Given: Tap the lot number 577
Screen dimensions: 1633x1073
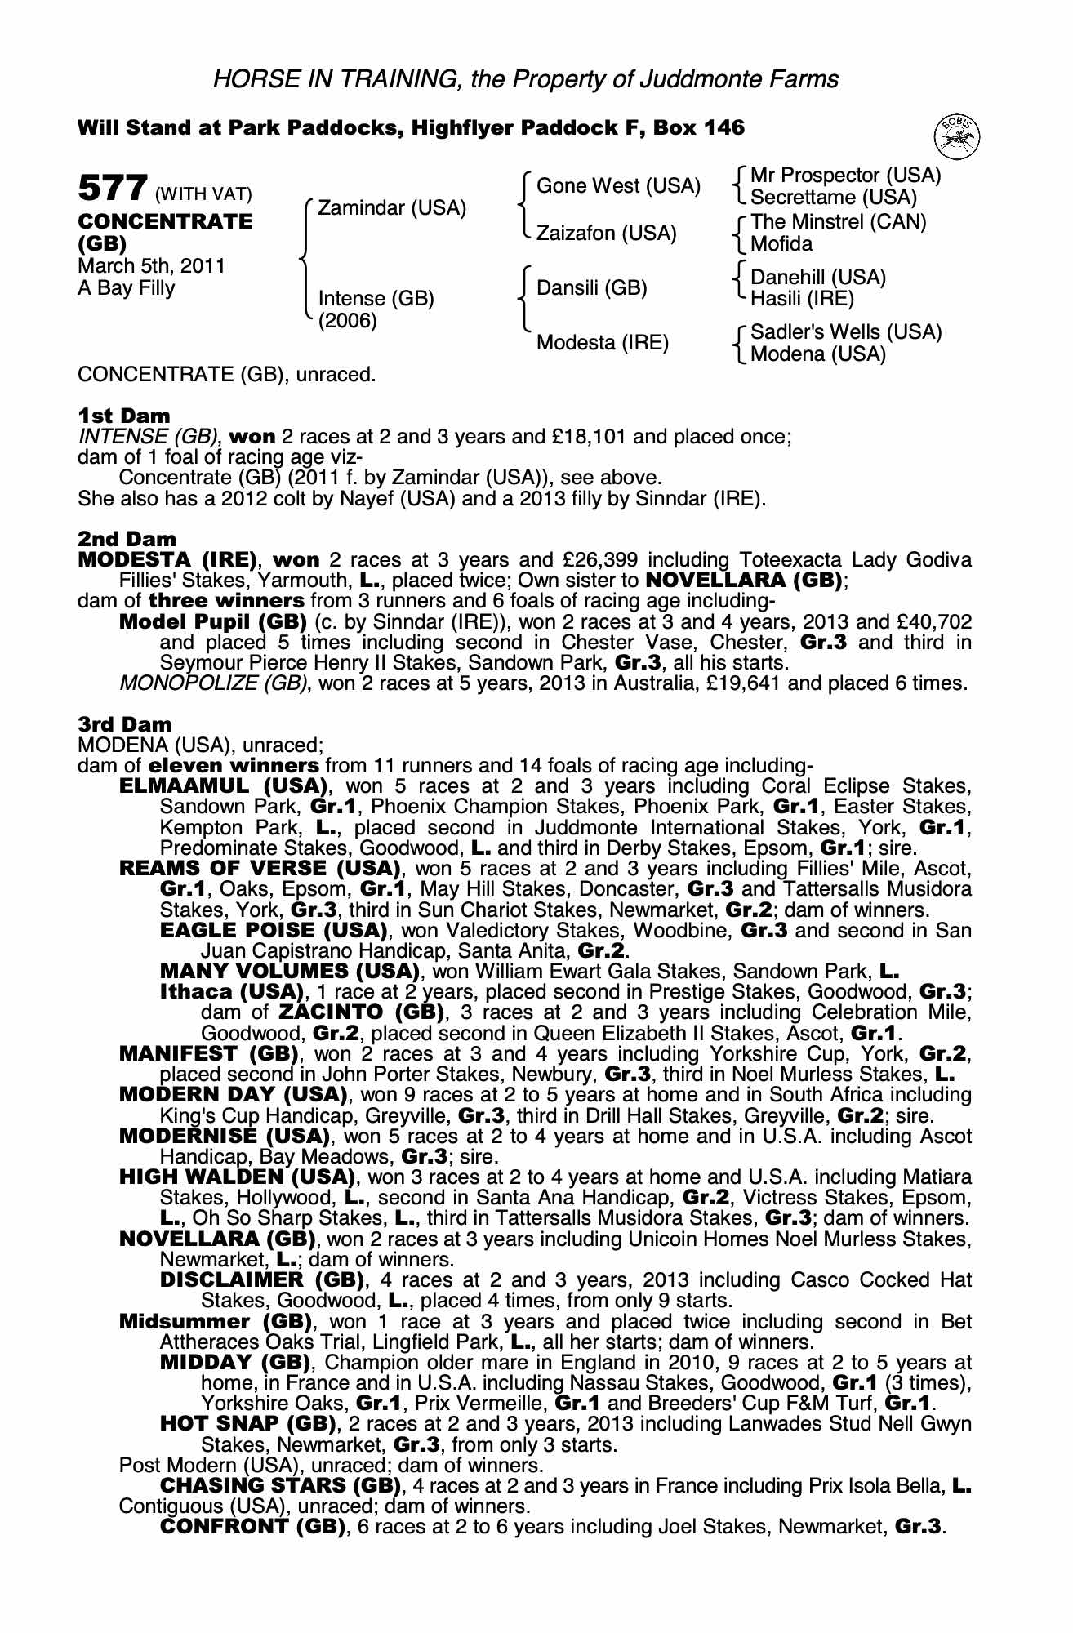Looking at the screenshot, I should pyautogui.click(x=112, y=189).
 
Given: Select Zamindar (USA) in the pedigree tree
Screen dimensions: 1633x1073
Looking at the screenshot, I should pyautogui.click(x=392, y=208).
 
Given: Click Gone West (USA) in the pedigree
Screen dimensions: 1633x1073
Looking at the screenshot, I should pyautogui.click(x=618, y=186).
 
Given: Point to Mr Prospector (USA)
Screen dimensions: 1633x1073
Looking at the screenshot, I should pyautogui.click(x=845, y=176).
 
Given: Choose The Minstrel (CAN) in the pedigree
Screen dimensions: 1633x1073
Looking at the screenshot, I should pyautogui.click(x=838, y=222).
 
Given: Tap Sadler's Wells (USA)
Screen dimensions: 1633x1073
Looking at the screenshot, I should pyautogui.click(x=845, y=332).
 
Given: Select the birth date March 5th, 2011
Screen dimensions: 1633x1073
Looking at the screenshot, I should pyautogui.click(x=151, y=266).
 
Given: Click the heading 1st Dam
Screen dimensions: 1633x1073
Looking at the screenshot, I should pyautogui.click(x=124, y=416).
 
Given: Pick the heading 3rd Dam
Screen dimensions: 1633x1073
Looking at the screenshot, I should pyautogui.click(x=125, y=724).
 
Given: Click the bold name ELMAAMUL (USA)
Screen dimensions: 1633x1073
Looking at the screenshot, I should pyautogui.click(x=223, y=787).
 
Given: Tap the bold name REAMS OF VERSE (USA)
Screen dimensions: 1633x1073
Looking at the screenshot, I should pyautogui.click(x=260, y=869).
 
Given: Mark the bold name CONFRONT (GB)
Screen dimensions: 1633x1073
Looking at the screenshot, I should pyautogui.click(x=252, y=1527).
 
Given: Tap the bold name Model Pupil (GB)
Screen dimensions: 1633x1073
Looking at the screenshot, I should pyautogui.click(x=212, y=622).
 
